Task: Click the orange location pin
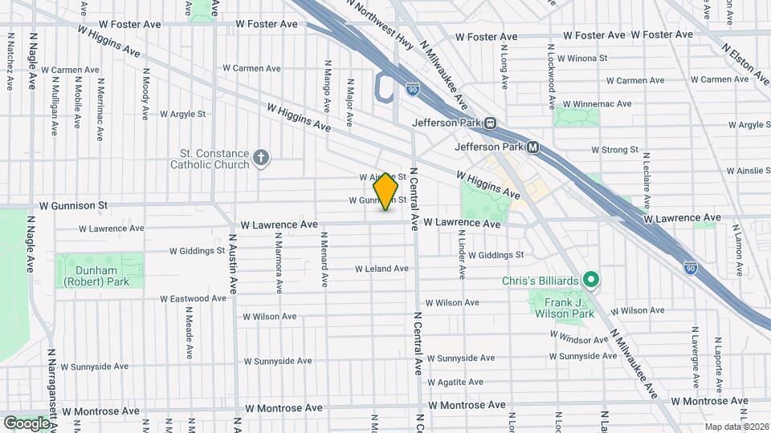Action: click(386, 191)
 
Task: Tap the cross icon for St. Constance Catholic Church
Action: click(260, 158)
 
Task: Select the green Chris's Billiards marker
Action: click(591, 280)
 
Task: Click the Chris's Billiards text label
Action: click(540, 281)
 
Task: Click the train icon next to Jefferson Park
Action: click(489, 123)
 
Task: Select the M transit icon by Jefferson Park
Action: click(532, 148)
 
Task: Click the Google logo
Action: click(27, 423)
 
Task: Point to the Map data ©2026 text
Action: click(736, 427)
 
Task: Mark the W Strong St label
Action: click(614, 150)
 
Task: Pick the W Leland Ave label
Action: click(382, 269)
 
